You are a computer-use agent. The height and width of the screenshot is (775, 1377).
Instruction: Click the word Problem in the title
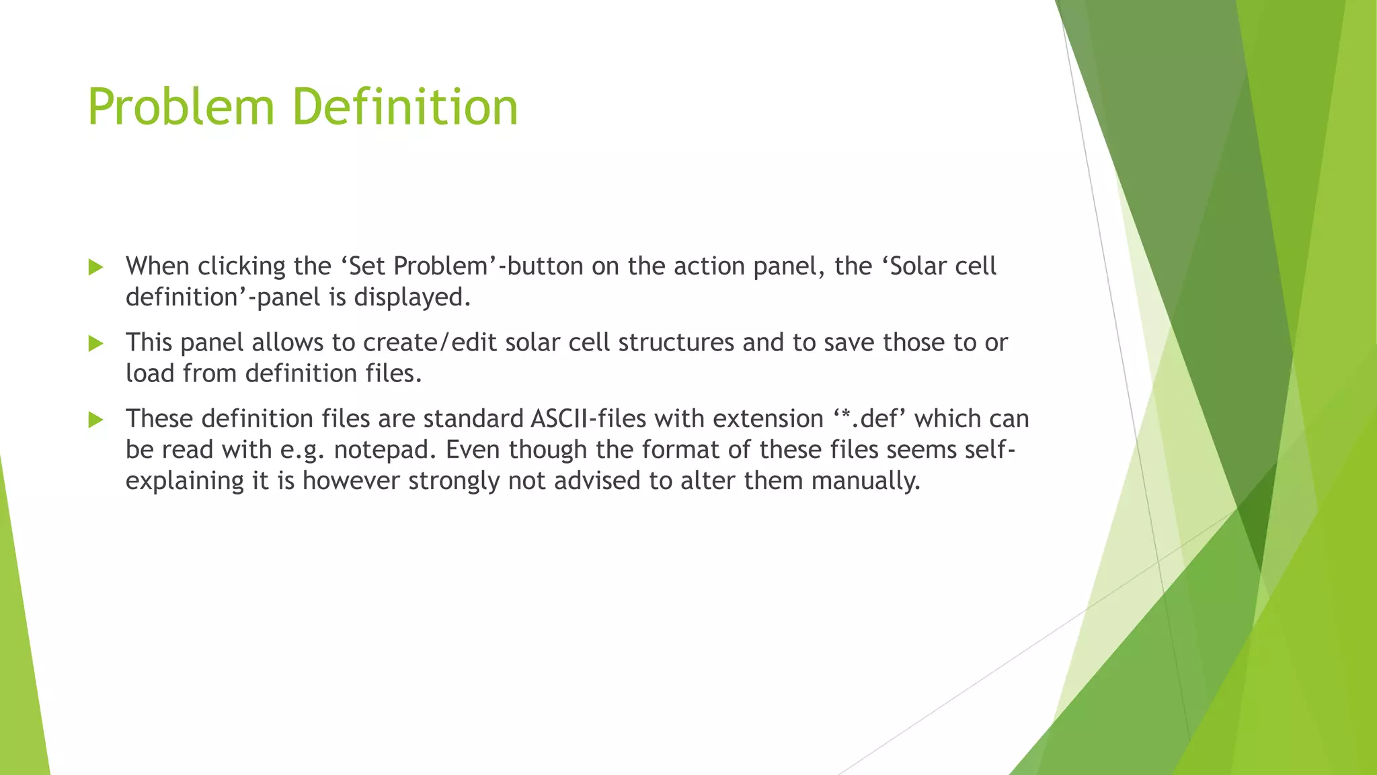[x=181, y=107]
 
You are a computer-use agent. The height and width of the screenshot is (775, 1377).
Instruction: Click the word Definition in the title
[x=405, y=107]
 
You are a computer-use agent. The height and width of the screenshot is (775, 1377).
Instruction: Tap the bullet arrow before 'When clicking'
[x=95, y=268]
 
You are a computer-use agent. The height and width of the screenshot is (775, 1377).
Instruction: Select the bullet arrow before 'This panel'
[x=95, y=344]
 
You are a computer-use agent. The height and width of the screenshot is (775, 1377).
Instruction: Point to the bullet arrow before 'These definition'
[x=95, y=420]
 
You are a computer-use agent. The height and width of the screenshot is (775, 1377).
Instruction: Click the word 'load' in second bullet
[x=150, y=373]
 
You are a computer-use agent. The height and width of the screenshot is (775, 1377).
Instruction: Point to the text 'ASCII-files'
[x=588, y=419]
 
